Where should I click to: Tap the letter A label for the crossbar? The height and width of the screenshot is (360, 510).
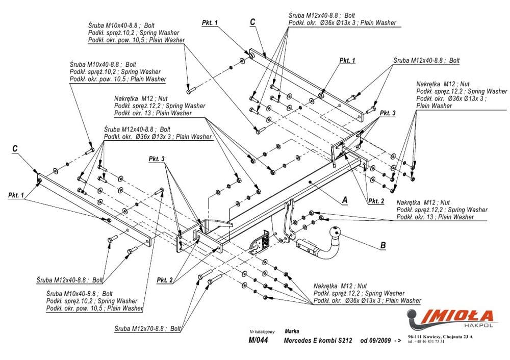coord(344,200)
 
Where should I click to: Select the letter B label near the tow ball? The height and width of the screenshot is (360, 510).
coord(383,245)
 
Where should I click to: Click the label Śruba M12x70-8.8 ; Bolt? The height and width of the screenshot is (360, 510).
coord(148,328)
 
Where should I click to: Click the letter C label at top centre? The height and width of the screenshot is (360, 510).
coord(252,21)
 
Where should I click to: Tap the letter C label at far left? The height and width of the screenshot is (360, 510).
coord(15,148)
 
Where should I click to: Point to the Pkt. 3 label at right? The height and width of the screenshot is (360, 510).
coord(387,113)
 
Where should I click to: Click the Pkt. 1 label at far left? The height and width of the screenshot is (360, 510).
coord(16,195)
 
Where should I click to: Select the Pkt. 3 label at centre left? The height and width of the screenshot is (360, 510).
coord(157,159)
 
